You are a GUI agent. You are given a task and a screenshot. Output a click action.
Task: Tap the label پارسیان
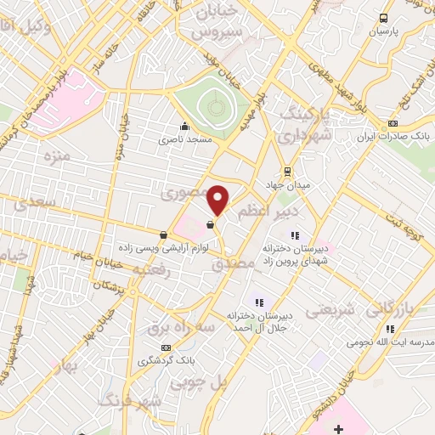coord(382,31)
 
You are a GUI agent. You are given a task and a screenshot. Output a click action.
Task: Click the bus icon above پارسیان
coord(383,18)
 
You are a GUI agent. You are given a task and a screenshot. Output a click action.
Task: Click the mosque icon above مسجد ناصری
coord(185,126)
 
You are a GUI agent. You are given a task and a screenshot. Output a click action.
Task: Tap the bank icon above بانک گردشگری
coord(166,347)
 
